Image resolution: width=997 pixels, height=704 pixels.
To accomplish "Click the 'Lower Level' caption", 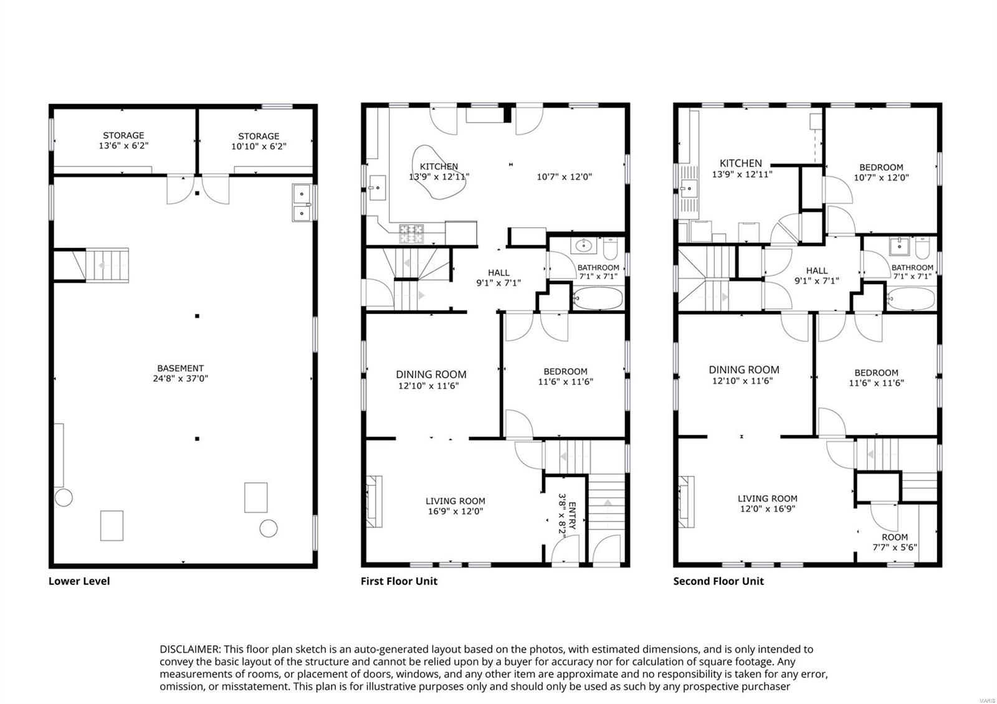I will tap(79, 581).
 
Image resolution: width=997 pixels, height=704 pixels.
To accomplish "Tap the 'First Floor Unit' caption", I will tap(399, 581).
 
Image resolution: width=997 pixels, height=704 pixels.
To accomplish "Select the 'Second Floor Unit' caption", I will tap(718, 581).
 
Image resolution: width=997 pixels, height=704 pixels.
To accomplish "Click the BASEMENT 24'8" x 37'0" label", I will tap(180, 373).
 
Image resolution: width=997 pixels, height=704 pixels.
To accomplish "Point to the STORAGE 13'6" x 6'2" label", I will tap(123, 140).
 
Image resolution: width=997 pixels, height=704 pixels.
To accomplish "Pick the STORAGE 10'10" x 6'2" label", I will tap(258, 141).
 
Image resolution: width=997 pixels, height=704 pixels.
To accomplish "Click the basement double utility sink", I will tap(302, 202).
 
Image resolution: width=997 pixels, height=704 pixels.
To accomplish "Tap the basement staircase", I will tap(107, 265).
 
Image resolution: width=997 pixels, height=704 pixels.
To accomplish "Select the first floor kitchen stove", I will tap(411, 233).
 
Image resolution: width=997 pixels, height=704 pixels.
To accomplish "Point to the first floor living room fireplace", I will tap(374, 502).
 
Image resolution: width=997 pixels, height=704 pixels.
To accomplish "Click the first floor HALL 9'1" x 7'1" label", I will tap(499, 277).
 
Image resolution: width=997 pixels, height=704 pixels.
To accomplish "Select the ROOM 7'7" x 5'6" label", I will tap(894, 542).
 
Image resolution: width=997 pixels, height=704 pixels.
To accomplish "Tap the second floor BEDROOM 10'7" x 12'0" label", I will tap(881, 172).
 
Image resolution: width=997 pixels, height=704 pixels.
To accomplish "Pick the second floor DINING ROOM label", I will tap(743, 374).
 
